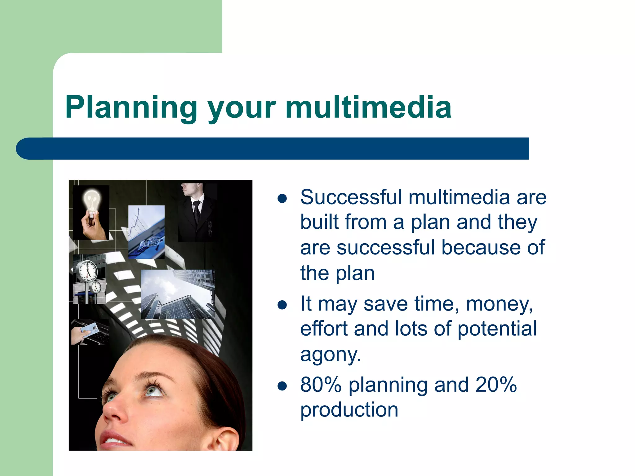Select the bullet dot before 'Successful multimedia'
pyautogui.click(x=282, y=198)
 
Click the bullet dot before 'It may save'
pyautogui.click(x=282, y=305)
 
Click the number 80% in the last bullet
pyautogui.click(x=321, y=385)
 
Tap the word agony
pyautogui.click(x=331, y=355)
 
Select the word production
pyautogui.click(x=349, y=410)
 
